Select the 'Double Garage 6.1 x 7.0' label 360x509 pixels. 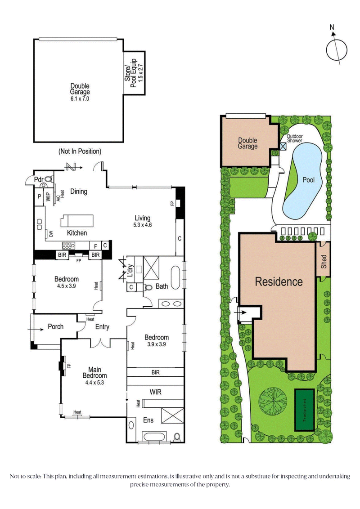coord(80,93)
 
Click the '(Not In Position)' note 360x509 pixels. coord(80,151)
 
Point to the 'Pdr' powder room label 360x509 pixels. coord(40,179)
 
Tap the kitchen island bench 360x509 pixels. coord(77,221)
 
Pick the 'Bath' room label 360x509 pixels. coord(162,286)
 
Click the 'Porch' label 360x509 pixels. coord(55,326)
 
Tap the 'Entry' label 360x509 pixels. coord(102,327)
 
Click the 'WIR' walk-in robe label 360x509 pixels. coord(155,392)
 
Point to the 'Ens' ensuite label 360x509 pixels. coord(148,420)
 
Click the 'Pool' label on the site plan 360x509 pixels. coord(309,180)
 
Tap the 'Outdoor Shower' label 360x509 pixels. coord(295,138)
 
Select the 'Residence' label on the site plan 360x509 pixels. coord(279,282)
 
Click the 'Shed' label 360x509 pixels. coord(324,262)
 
